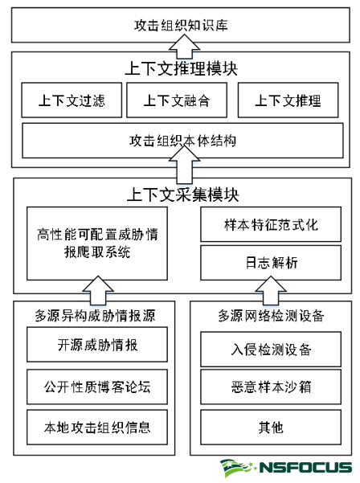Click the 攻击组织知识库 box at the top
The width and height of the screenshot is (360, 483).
(x=181, y=25)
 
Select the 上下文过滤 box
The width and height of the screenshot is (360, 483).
(x=72, y=100)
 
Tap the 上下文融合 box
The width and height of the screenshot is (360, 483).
(x=177, y=100)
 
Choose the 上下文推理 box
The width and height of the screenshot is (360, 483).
(x=288, y=100)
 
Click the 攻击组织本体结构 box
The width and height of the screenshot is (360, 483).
(x=182, y=141)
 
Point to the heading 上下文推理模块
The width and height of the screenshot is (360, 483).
(x=181, y=68)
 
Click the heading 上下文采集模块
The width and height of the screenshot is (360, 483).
(x=183, y=194)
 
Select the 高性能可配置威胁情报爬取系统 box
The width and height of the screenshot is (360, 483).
(x=97, y=244)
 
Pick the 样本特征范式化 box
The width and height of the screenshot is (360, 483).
(x=271, y=224)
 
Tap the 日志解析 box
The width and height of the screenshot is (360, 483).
(x=271, y=263)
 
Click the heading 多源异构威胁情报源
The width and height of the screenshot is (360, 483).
(x=95, y=316)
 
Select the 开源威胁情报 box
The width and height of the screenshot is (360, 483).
(x=97, y=345)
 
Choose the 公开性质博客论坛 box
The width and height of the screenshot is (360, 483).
(x=97, y=387)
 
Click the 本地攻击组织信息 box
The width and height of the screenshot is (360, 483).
(x=97, y=428)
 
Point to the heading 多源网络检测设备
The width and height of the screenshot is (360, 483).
(x=271, y=316)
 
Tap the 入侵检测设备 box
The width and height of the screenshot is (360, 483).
(x=271, y=350)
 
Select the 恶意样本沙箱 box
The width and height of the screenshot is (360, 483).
(x=271, y=387)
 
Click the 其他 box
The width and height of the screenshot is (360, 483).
(x=271, y=428)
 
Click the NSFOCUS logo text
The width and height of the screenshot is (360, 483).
(x=305, y=467)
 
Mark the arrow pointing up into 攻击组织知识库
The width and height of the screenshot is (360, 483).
(x=184, y=46)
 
